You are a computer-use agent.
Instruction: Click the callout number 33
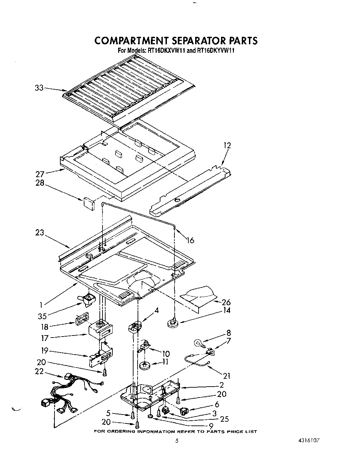(39, 88)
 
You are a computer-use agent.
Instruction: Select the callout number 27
(40, 174)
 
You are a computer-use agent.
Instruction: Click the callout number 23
(40, 233)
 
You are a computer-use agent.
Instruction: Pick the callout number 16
(190, 240)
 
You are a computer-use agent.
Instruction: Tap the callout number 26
(226, 302)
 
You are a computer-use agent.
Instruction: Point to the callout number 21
(226, 376)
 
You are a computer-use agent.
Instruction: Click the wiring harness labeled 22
(72, 392)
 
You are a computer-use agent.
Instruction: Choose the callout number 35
(42, 316)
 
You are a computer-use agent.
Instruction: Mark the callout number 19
(44, 351)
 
